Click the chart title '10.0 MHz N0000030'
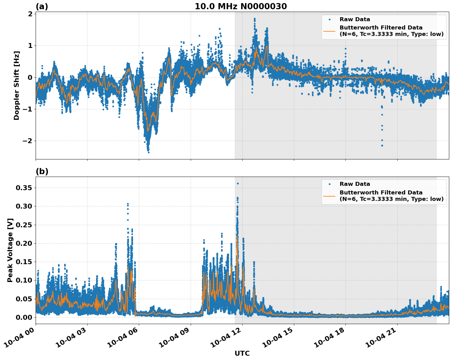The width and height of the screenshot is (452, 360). [x=241, y=6]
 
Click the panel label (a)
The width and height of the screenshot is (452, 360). [x=42, y=6]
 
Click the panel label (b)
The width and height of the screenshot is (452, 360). [x=42, y=171]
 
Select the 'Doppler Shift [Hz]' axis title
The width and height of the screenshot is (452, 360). [x=17, y=85]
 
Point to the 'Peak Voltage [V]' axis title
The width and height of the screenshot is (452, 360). [x=10, y=250]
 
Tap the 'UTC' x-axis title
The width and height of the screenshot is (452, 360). [x=242, y=353]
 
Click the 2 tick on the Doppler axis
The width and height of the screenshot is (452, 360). [x=30, y=14]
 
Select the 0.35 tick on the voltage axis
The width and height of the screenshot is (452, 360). [x=25, y=188]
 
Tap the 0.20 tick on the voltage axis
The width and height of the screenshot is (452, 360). [x=25, y=243]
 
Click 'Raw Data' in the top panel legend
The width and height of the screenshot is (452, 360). [x=355, y=19]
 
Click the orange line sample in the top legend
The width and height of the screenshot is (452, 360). [x=329, y=31]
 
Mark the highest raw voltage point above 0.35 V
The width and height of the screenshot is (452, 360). [x=238, y=183]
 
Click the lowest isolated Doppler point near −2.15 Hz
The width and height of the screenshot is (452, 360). [x=382, y=145]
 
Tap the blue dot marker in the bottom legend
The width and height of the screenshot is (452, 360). [x=329, y=184]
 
